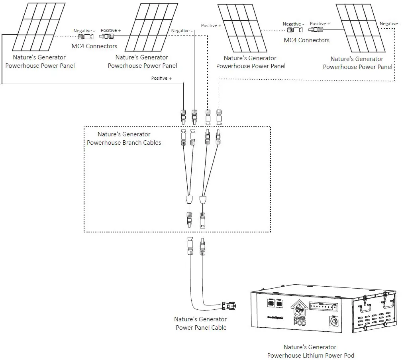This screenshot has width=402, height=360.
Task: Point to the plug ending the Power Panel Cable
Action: point(229,306)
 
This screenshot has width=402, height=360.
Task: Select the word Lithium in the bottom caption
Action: point(311,355)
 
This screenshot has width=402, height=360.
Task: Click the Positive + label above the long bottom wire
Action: point(161,78)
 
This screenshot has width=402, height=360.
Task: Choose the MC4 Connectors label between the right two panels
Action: point(306,40)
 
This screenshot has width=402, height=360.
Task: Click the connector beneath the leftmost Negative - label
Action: point(86,37)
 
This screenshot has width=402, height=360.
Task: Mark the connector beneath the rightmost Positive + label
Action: point(319,30)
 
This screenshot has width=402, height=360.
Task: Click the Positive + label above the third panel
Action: point(211,26)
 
